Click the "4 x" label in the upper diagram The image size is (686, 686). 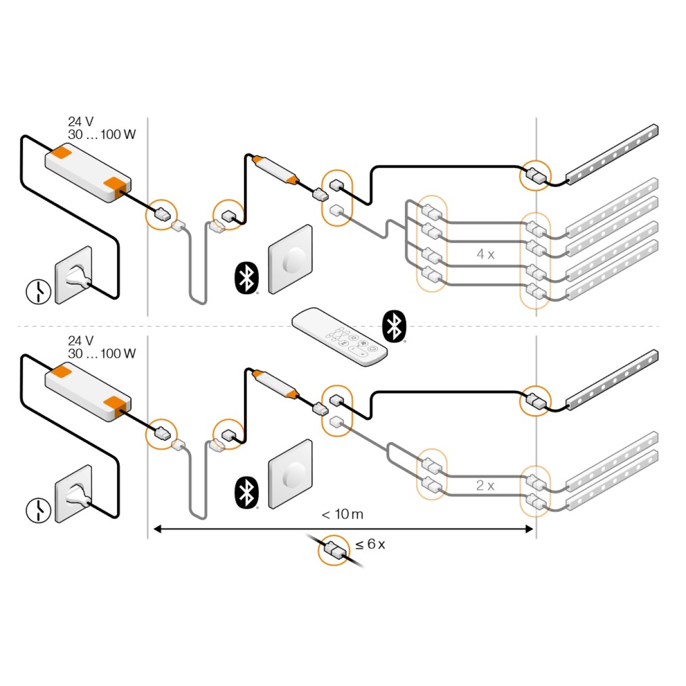(x=485, y=254)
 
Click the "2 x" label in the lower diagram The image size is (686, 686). (x=485, y=485)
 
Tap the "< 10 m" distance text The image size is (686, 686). (x=342, y=514)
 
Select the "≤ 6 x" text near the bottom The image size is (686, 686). (x=371, y=544)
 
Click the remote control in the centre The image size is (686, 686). (x=339, y=338)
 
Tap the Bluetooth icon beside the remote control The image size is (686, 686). (x=394, y=326)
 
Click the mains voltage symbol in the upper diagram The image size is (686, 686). (x=38, y=291)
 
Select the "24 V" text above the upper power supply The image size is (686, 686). (x=81, y=122)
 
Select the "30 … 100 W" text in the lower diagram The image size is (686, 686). (x=102, y=354)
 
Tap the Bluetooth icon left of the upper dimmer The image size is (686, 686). (x=247, y=278)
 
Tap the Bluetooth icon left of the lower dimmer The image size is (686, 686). (x=247, y=492)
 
